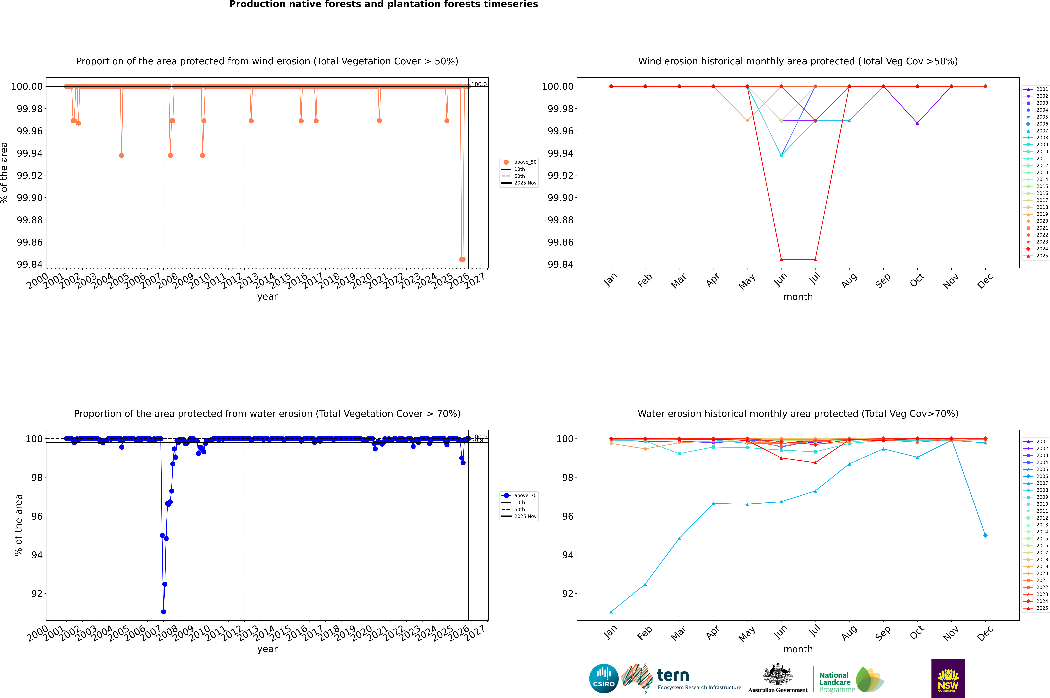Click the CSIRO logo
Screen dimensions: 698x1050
(604, 678)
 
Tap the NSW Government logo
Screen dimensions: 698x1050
(948, 678)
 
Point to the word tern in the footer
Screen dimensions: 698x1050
(673, 676)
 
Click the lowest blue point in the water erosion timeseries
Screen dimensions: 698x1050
(163, 612)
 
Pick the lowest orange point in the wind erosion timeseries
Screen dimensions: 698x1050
(462, 260)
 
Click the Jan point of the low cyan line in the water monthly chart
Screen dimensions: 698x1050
(611, 612)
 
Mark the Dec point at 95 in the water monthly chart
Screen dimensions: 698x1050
(985, 535)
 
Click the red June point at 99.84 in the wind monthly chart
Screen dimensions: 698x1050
(781, 260)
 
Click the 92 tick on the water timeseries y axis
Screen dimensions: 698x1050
(36, 593)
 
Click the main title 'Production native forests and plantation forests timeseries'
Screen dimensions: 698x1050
(383, 4)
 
